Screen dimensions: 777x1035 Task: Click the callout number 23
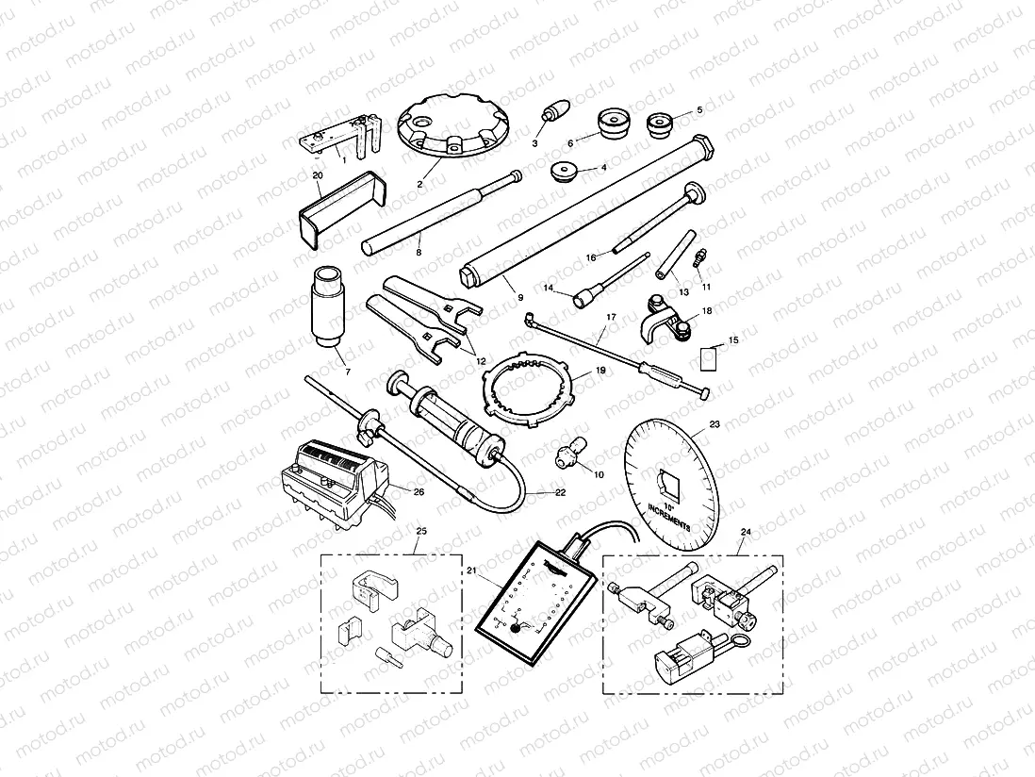(714, 424)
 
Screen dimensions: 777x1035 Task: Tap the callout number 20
(317, 175)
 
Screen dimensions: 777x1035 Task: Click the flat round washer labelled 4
(565, 173)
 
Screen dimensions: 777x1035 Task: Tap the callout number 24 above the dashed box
(747, 533)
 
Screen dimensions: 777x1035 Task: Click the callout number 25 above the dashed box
(421, 533)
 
